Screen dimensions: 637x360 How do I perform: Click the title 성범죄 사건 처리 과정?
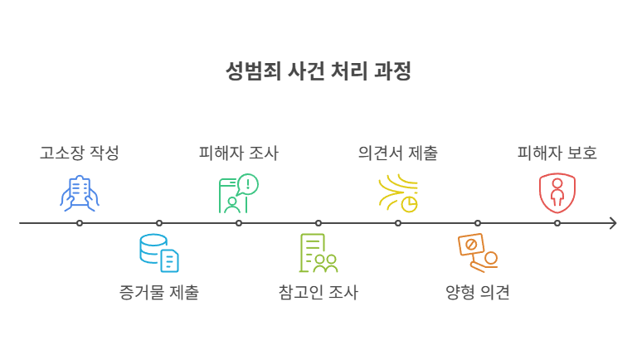318,71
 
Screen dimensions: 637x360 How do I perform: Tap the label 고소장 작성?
80,153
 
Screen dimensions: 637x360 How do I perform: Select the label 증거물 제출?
159,292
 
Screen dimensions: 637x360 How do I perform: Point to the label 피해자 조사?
239,153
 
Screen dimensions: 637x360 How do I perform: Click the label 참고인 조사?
318,292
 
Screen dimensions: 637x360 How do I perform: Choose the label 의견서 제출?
398,153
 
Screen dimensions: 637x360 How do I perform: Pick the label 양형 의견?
478,292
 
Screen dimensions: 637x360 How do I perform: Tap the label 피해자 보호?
557,153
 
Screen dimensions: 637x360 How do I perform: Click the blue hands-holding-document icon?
80,193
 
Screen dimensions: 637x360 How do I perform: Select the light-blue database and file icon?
159,253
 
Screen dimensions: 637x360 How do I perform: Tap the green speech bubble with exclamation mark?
248,184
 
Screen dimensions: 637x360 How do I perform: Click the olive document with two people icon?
318,253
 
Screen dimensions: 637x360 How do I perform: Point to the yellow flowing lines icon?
398,193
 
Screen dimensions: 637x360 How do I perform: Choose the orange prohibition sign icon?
471,245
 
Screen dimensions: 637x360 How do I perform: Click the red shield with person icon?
557,193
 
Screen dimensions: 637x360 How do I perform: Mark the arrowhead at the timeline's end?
614,223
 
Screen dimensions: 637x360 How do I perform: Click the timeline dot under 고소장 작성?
80,223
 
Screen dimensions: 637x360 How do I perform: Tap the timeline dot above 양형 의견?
478,223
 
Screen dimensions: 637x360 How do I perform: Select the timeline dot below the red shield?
557,223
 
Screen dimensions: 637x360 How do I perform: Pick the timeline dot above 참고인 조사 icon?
318,223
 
